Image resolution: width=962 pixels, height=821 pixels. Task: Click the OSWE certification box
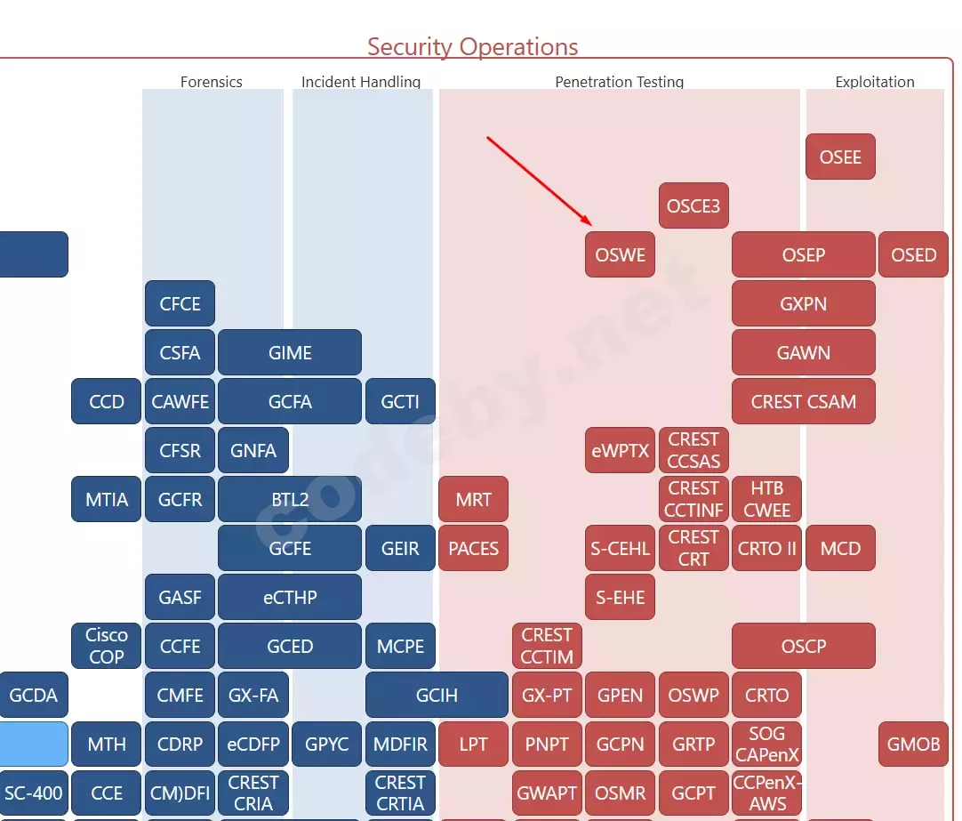tap(620, 255)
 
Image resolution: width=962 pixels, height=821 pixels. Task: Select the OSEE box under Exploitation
tap(840, 157)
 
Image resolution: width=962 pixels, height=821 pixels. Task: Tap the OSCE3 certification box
tap(693, 206)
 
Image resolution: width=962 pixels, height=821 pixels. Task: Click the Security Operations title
tap(472, 47)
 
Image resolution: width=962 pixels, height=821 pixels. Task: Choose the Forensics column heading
tap(212, 82)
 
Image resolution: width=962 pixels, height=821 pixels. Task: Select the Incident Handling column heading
tap(361, 82)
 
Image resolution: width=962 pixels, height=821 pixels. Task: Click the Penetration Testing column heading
tap(620, 82)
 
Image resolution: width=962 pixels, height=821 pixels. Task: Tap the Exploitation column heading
tap(875, 82)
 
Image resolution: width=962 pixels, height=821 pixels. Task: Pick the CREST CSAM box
tap(803, 402)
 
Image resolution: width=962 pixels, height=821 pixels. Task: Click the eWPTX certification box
tap(620, 451)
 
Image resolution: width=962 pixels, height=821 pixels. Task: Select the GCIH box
tap(437, 696)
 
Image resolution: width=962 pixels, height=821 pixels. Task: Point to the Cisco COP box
tap(107, 647)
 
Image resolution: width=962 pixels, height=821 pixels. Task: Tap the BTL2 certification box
tap(290, 500)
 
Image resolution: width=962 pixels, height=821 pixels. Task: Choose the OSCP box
tap(803, 647)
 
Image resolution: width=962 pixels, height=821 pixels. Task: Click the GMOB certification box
tap(913, 745)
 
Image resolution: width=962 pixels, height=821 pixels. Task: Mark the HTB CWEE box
tap(766, 500)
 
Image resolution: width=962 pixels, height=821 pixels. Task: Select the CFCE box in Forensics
tap(180, 304)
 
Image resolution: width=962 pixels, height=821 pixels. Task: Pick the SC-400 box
tap(34, 793)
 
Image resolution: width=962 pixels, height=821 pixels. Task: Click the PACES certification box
tap(473, 549)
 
